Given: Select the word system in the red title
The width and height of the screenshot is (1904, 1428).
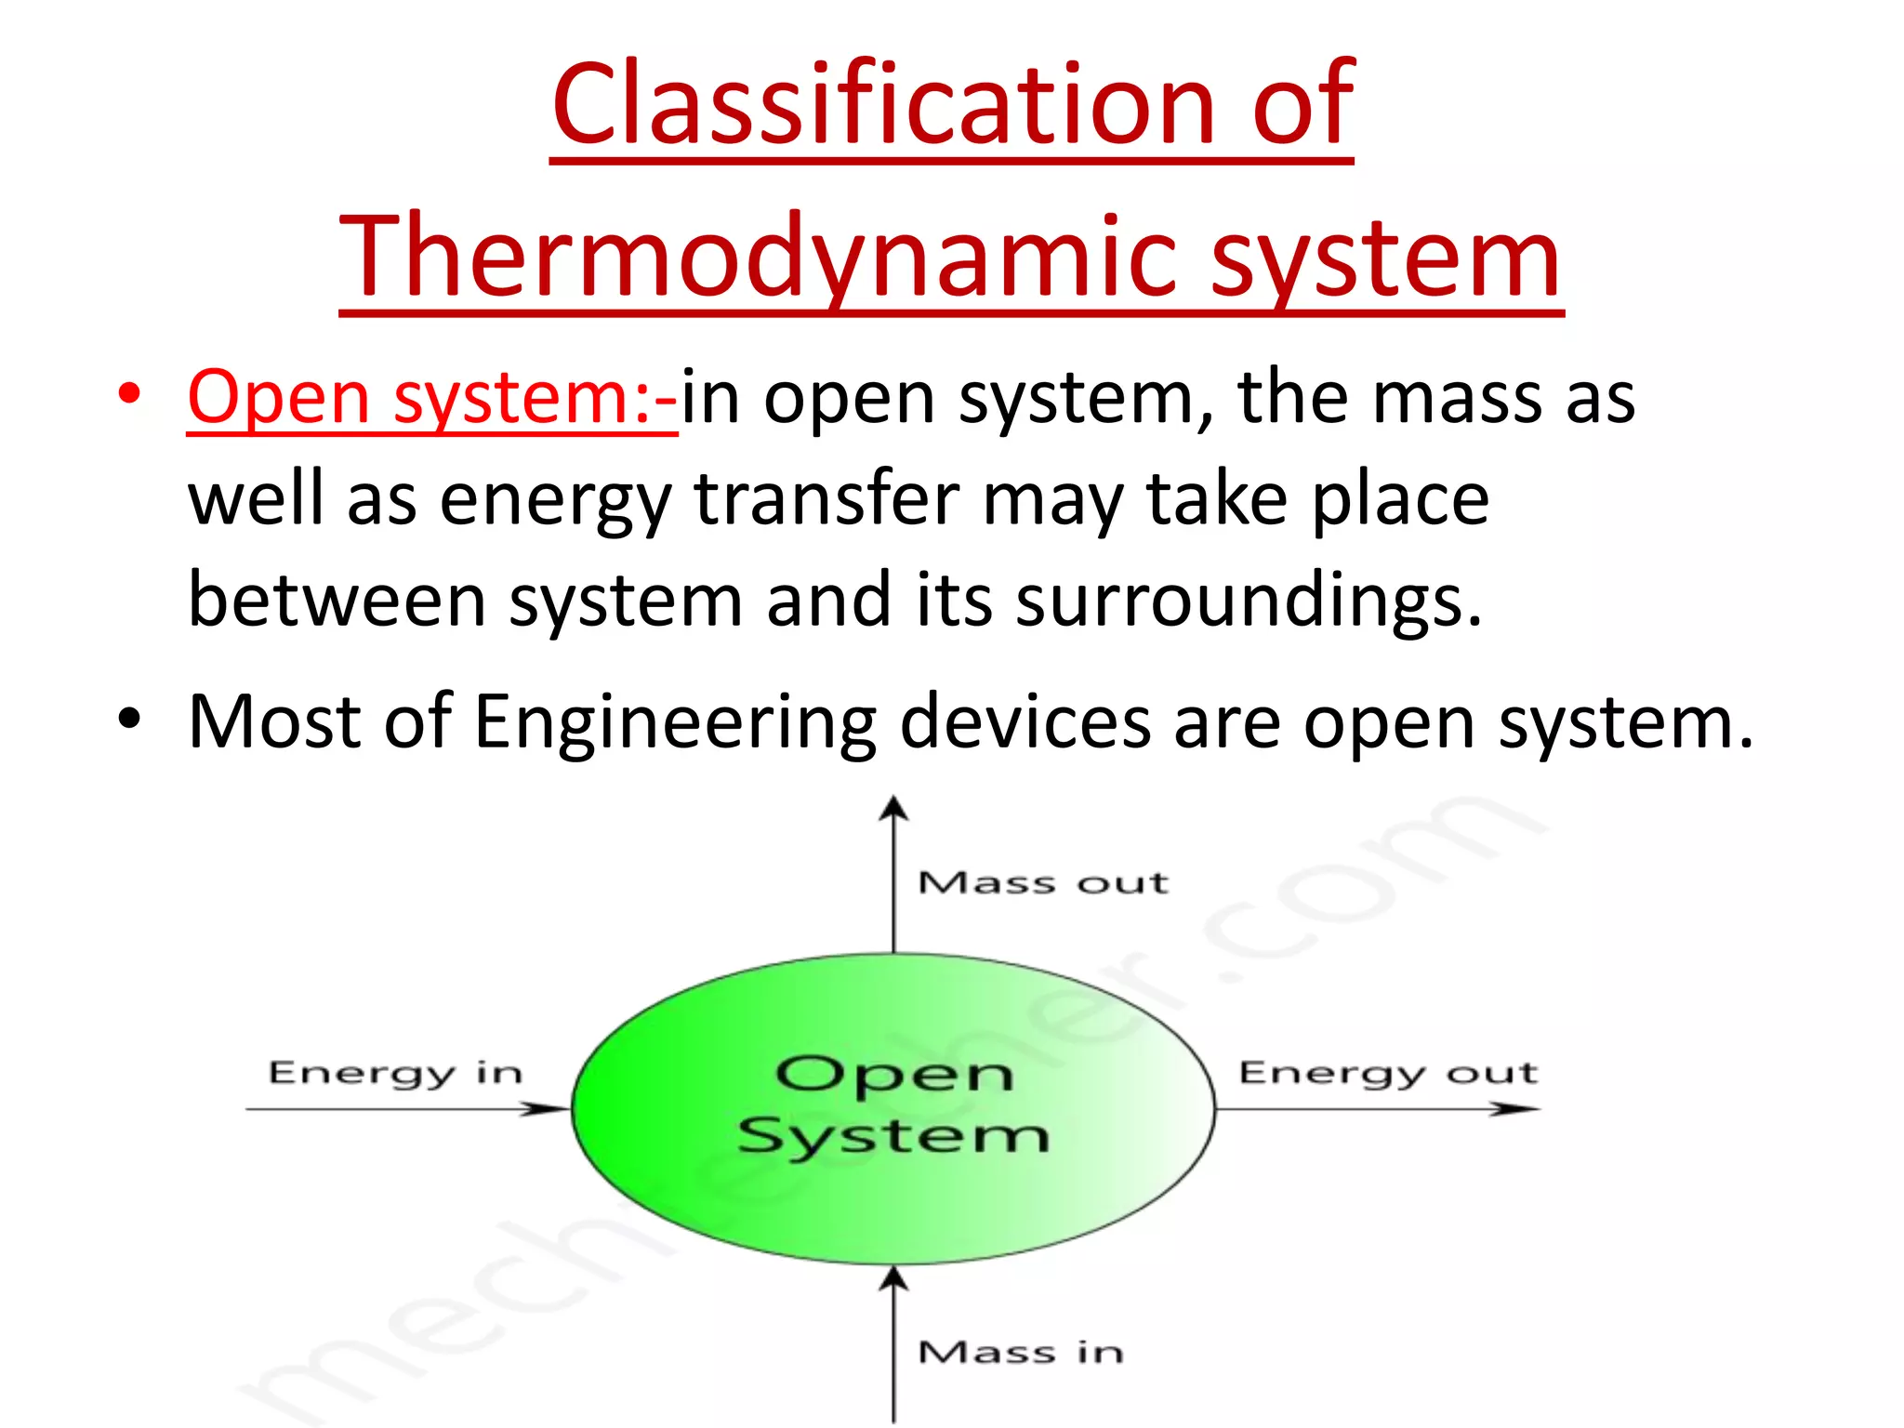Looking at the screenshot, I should (1385, 258).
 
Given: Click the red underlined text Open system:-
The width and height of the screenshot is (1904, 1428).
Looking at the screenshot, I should (432, 398).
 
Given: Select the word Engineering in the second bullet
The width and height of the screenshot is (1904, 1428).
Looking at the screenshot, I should (675, 723).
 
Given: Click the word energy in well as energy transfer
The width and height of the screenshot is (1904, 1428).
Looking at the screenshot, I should (555, 500).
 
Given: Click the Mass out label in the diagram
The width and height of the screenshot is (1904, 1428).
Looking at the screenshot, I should (1042, 882).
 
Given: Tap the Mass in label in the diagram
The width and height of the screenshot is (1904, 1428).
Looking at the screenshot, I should (1021, 1352).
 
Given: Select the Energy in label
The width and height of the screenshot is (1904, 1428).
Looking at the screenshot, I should (395, 1073).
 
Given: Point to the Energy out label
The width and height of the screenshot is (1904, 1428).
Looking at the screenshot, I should (1388, 1073).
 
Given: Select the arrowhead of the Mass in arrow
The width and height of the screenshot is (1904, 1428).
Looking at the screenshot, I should (893, 1278).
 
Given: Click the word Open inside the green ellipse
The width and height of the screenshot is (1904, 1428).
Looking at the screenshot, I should (893, 1075).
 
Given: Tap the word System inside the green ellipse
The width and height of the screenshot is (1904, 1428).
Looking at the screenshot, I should (893, 1136).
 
